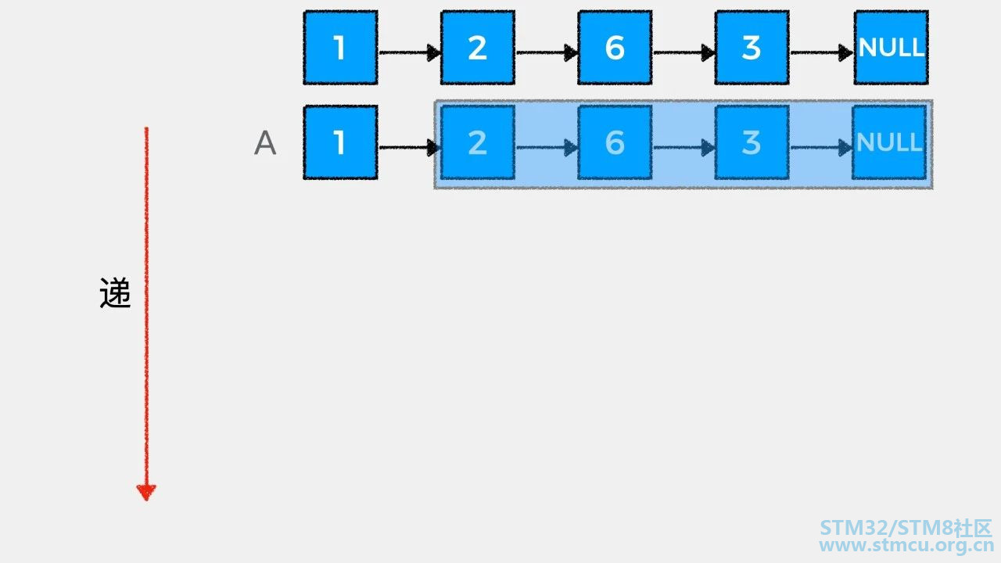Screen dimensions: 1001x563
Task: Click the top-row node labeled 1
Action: tap(340, 48)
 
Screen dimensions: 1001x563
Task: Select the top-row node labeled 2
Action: tap(478, 48)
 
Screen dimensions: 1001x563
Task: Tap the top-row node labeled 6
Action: tap(615, 48)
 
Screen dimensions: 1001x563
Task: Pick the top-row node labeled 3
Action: tap(752, 48)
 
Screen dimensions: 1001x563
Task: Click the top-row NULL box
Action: tap(892, 48)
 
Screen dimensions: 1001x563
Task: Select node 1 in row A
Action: tap(340, 142)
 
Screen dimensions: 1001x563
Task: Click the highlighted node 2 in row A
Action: tap(478, 142)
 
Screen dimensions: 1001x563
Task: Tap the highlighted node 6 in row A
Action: tap(615, 142)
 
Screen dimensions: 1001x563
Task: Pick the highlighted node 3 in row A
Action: tap(752, 142)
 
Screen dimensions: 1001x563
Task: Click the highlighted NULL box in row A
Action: tap(889, 142)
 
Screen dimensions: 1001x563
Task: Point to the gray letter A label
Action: tap(265, 143)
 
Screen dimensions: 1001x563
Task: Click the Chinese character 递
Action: tap(115, 292)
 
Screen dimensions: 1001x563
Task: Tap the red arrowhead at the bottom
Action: tap(146, 493)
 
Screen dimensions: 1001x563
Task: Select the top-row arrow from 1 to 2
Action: tap(410, 52)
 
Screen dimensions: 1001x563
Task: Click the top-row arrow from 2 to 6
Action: tap(547, 52)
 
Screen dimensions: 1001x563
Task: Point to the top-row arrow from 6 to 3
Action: tap(684, 52)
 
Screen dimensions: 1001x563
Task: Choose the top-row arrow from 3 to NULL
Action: tap(822, 52)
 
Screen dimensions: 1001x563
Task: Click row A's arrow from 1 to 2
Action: tap(409, 148)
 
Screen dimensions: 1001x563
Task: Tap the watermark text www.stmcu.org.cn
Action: tap(906, 546)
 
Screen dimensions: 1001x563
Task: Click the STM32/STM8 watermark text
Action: tap(887, 528)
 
